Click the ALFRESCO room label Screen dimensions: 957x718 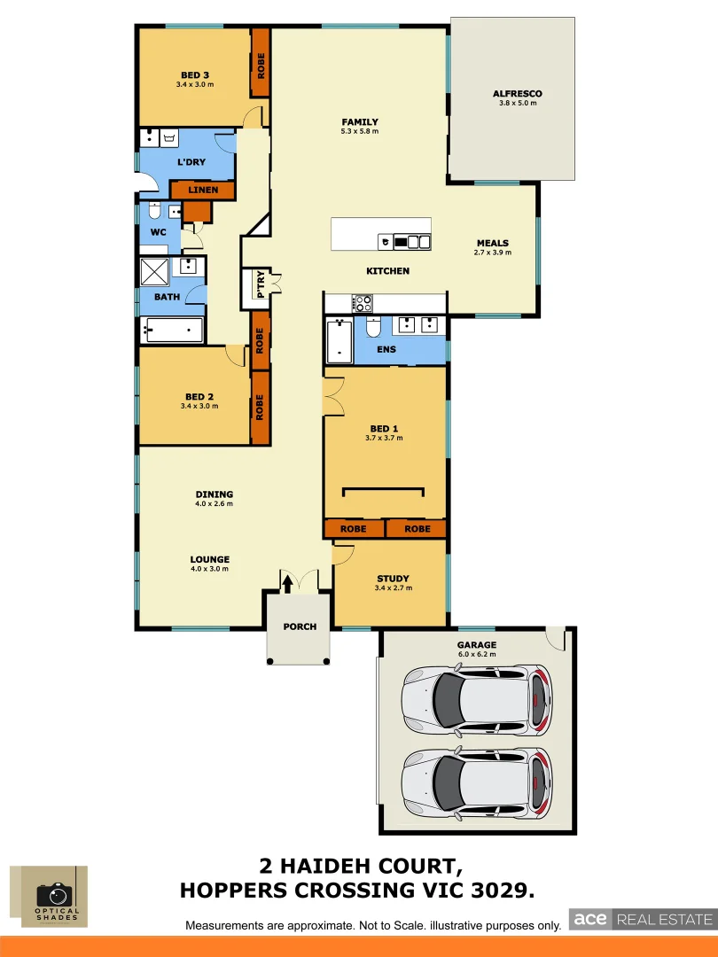point(517,94)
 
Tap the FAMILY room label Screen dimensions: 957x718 point(360,122)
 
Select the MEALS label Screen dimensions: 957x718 point(492,244)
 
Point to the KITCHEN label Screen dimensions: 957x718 point(388,270)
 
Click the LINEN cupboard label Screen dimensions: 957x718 point(203,191)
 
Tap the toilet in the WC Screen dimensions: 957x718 point(154,213)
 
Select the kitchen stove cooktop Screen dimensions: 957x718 point(363,303)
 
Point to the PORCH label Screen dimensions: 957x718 point(300,626)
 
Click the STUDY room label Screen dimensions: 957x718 point(393,579)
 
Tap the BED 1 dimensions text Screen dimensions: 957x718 point(384,438)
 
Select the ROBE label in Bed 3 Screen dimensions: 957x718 point(261,65)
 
